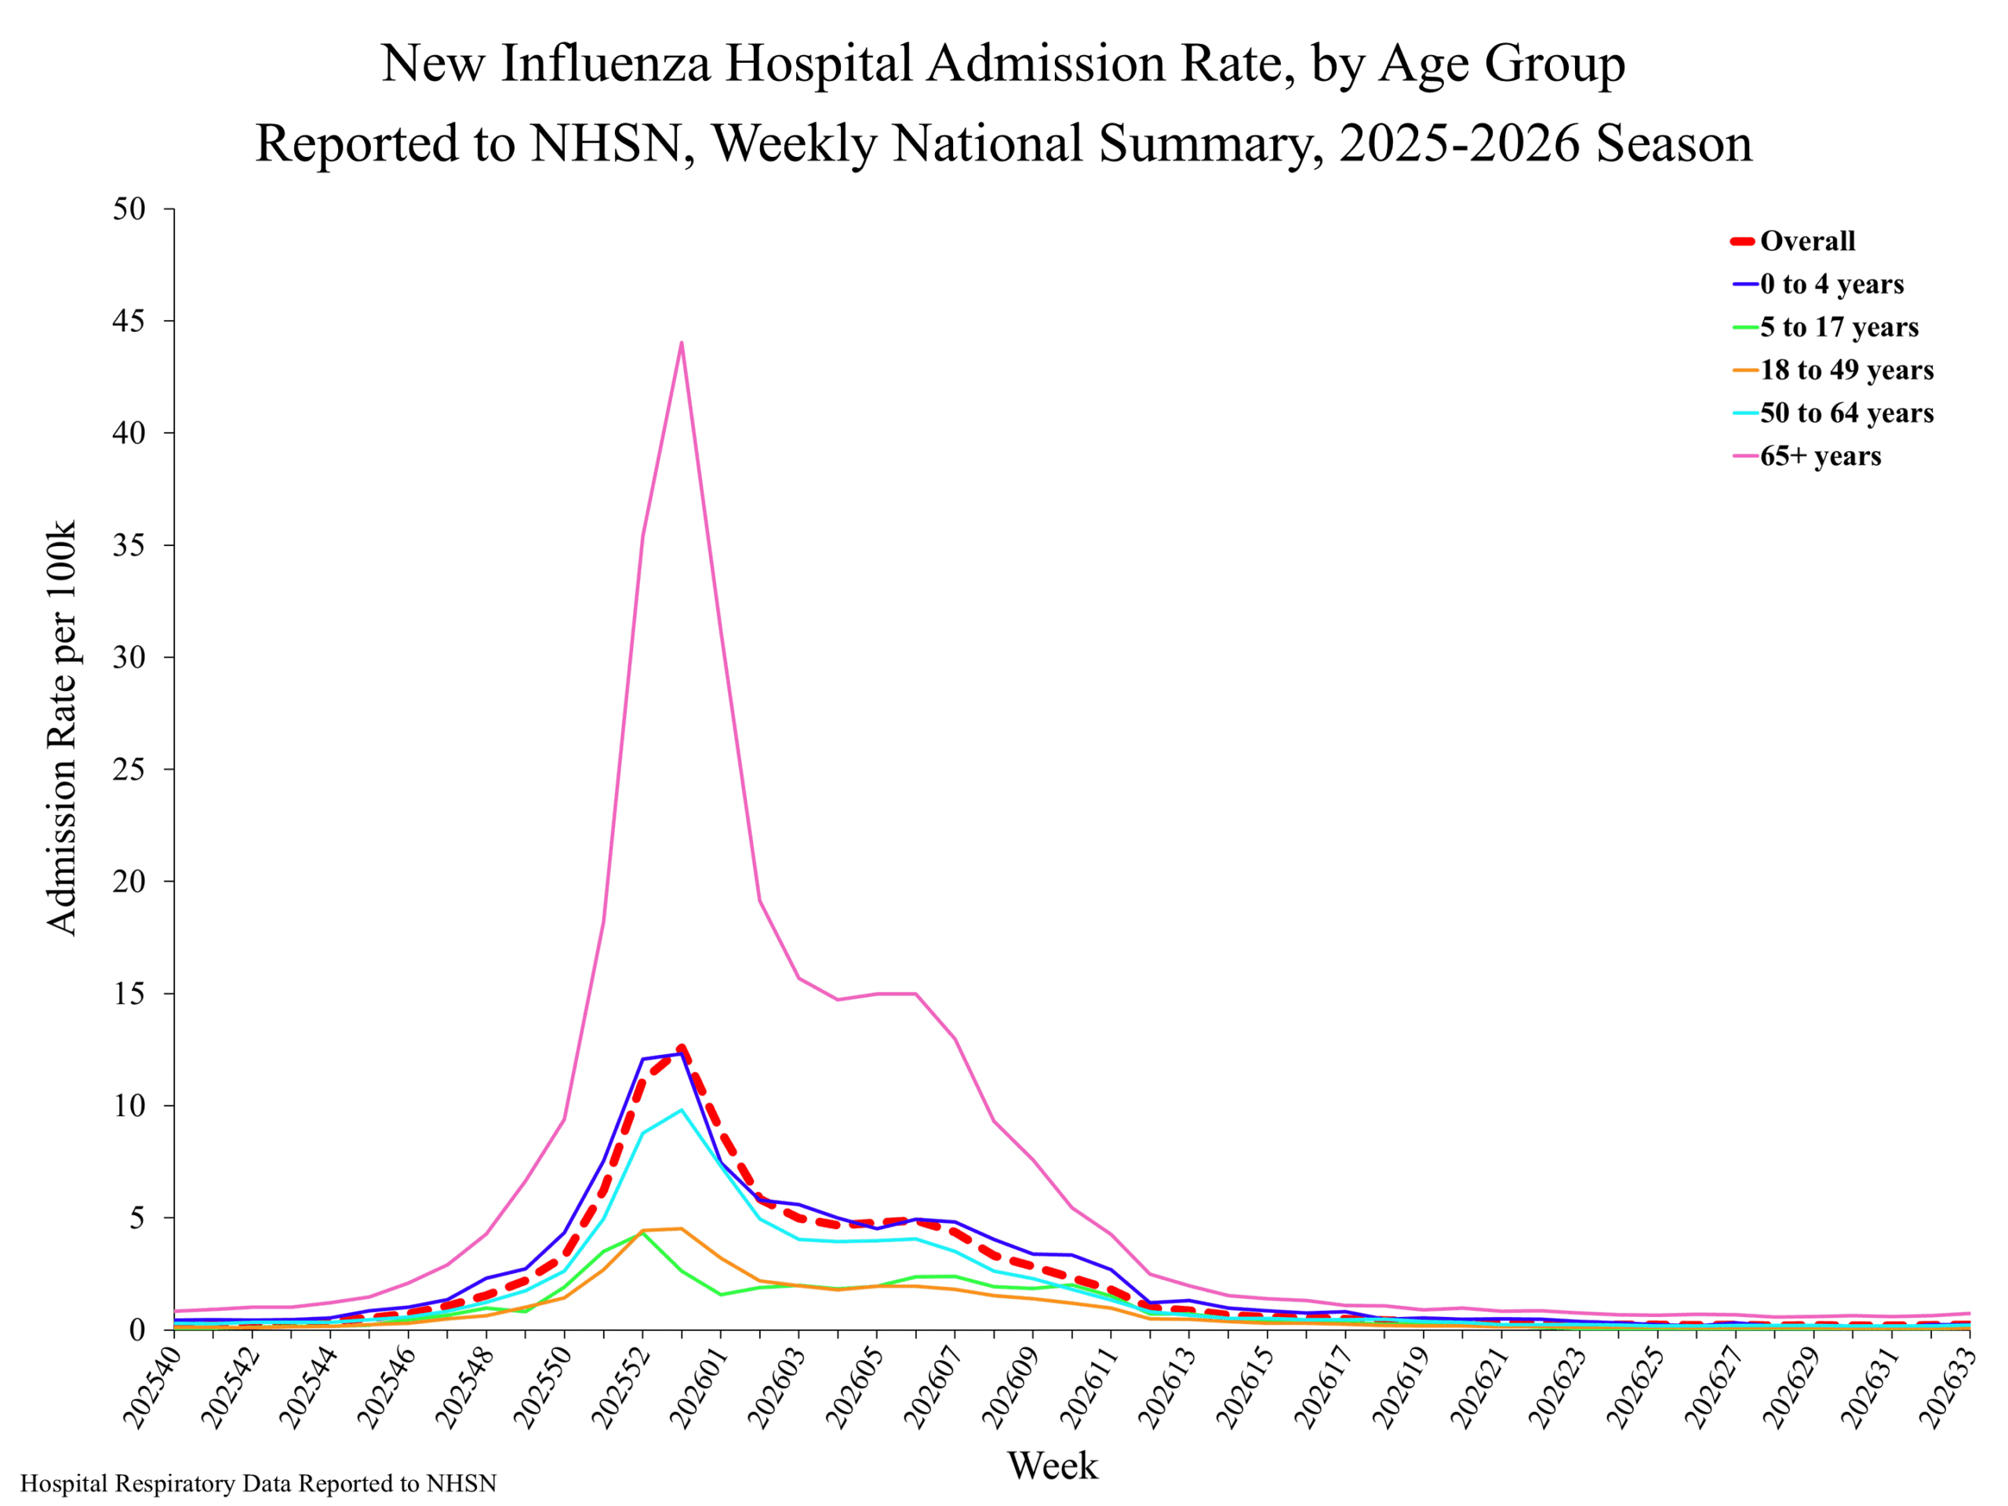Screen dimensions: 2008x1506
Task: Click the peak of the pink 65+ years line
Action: pos(681,342)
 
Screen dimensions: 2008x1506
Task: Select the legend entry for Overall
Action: pos(1793,241)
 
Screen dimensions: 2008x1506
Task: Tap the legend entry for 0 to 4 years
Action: pos(1817,284)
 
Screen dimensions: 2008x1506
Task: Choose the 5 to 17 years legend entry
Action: pos(1824,327)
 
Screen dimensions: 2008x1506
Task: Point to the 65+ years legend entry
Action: pos(1806,456)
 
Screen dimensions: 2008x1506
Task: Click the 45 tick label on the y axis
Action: pos(129,322)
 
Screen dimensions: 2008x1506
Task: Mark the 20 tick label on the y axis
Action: pos(129,882)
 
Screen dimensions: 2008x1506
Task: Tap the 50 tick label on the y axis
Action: pos(129,209)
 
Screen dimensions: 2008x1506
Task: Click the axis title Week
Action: pos(1053,1466)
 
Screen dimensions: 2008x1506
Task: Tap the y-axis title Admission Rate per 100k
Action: pos(61,728)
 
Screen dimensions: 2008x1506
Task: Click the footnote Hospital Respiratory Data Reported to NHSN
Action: pos(259,1484)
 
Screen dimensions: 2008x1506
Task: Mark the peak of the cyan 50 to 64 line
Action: pos(681,1109)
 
